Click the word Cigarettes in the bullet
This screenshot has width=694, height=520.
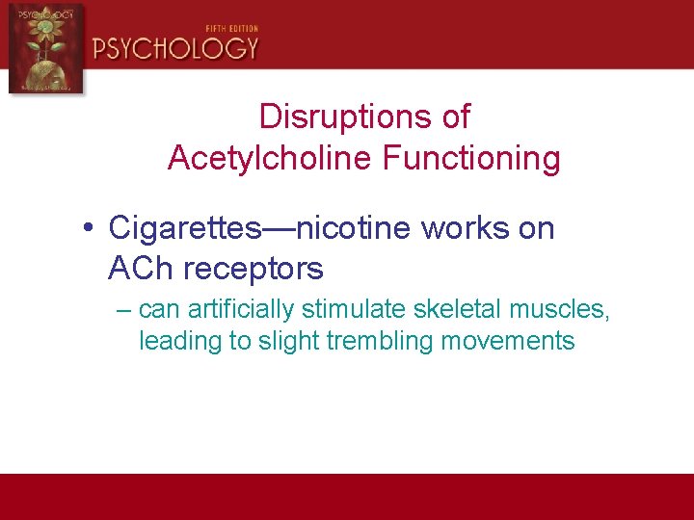(x=184, y=228)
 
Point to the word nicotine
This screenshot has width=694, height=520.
(x=353, y=228)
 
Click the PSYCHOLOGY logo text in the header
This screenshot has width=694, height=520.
(x=175, y=46)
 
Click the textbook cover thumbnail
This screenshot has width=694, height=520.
(x=46, y=47)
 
